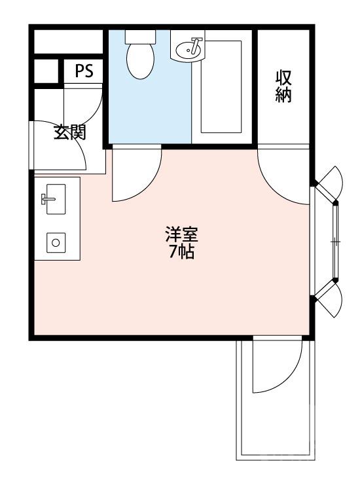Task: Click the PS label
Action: click(x=84, y=71)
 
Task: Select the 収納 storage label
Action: click(x=283, y=85)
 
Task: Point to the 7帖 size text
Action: click(x=181, y=251)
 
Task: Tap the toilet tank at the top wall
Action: click(x=140, y=35)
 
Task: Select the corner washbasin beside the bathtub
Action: click(x=189, y=47)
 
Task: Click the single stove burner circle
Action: click(x=56, y=242)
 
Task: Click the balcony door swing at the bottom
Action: click(x=275, y=368)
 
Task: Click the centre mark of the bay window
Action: click(x=336, y=241)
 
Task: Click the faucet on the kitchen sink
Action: click(x=45, y=198)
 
